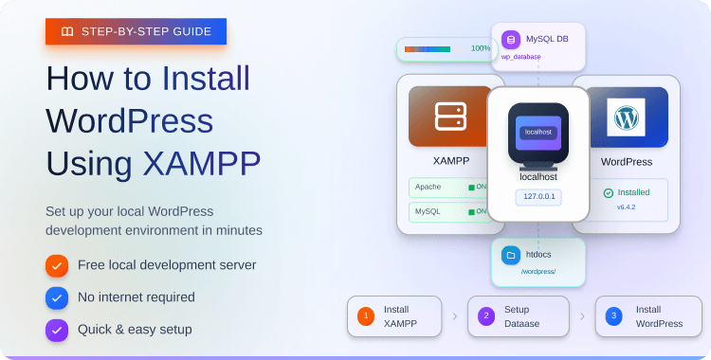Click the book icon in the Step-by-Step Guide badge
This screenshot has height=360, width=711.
66,31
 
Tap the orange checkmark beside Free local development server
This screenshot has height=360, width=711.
57,265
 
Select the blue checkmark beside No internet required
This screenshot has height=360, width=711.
57,297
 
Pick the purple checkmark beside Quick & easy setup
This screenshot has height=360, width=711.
57,330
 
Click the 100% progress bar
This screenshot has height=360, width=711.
428,48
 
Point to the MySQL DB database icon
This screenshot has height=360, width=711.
511,40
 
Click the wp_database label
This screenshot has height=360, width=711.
521,57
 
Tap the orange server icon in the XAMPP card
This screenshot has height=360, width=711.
450,117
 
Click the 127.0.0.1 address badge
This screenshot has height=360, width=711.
538,197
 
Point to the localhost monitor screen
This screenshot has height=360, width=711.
538,133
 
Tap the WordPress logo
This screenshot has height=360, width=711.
626,117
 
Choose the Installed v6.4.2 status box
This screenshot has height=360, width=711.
626,199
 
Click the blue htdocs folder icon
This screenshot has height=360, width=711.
511,255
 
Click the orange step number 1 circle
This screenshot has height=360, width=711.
365,316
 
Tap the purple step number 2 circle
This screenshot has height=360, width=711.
485,316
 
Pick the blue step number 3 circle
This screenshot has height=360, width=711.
613,316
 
